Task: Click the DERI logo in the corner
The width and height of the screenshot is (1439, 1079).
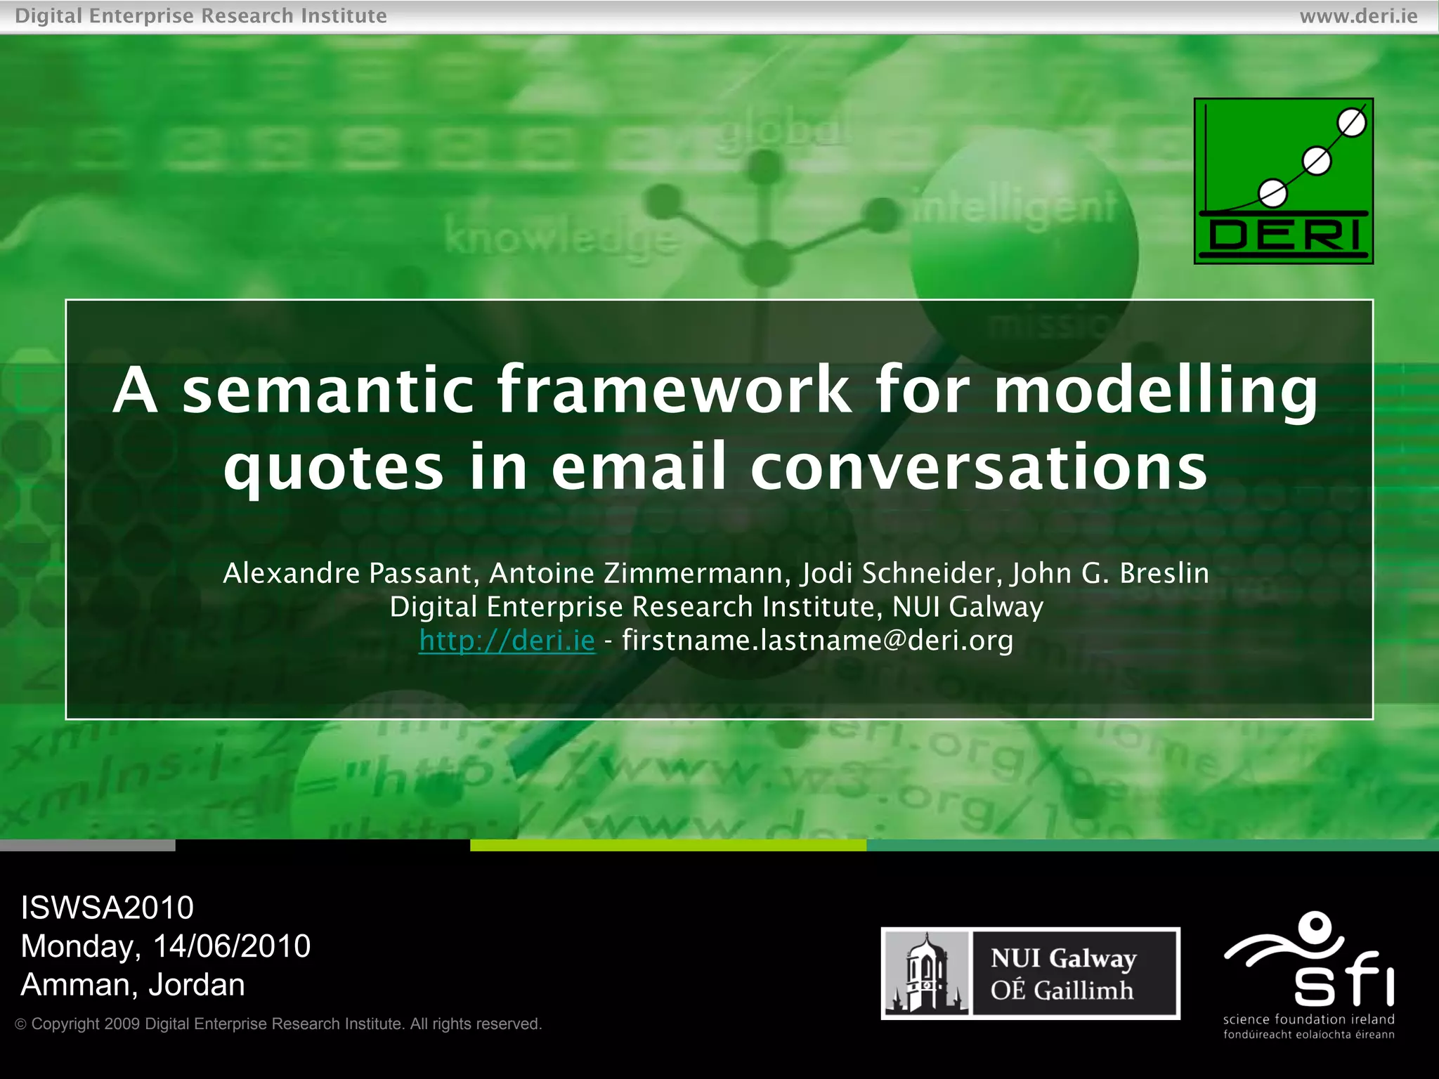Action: [x=1283, y=181]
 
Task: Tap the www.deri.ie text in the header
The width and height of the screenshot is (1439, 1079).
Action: [x=1358, y=15]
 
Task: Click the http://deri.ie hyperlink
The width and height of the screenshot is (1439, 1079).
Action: [x=507, y=641]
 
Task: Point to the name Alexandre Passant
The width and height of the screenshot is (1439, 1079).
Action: [x=347, y=573]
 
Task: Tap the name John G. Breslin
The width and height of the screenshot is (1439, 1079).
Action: [x=1110, y=573]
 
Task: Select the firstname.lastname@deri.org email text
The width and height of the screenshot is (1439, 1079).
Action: [x=817, y=641]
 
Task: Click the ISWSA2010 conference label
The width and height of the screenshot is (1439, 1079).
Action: [x=107, y=908]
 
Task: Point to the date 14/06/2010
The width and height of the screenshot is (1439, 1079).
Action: [x=231, y=946]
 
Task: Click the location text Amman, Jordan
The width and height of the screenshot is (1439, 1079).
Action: [x=133, y=985]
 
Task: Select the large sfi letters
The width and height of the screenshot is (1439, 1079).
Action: [x=1343, y=978]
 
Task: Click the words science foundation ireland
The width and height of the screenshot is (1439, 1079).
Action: [x=1308, y=1019]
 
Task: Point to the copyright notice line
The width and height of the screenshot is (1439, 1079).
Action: [x=279, y=1024]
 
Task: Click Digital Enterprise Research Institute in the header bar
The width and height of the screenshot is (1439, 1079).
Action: [x=201, y=15]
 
